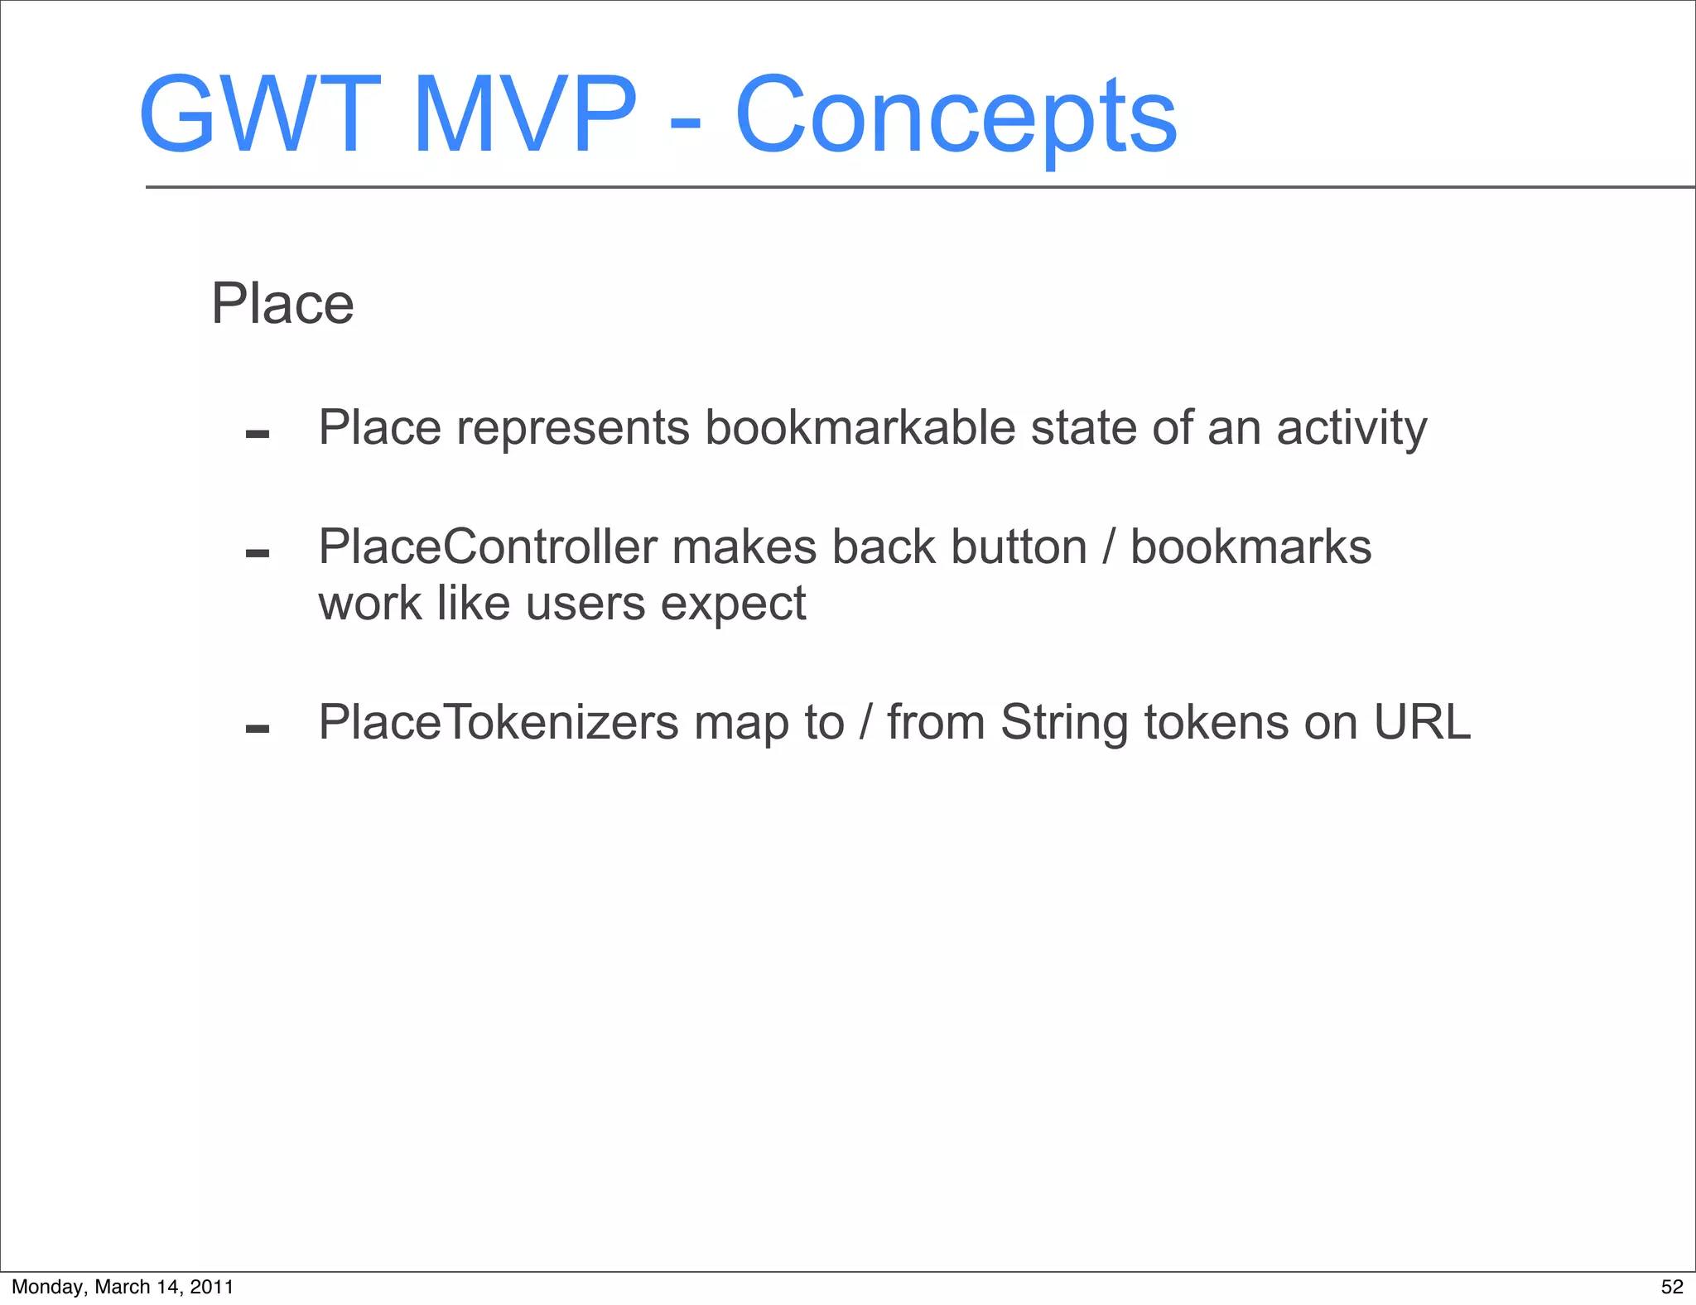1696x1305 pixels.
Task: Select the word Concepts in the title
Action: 956,116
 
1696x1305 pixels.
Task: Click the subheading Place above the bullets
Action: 282,304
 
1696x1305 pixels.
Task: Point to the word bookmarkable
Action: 860,428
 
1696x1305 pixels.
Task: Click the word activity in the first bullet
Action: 1351,428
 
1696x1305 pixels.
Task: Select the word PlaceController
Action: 488,547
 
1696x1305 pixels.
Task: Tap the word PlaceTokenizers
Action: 498,722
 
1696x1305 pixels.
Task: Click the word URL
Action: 1421,722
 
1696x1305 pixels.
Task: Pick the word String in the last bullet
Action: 1064,724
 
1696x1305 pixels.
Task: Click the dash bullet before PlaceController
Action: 258,553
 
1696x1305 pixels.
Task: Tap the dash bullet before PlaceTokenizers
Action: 258,729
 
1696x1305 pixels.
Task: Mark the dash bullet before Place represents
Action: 258,434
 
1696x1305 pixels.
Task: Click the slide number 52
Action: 1672,1287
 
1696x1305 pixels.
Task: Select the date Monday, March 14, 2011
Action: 123,1287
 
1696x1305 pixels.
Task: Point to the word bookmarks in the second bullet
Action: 1250,547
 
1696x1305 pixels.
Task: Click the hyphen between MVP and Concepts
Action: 685,124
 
